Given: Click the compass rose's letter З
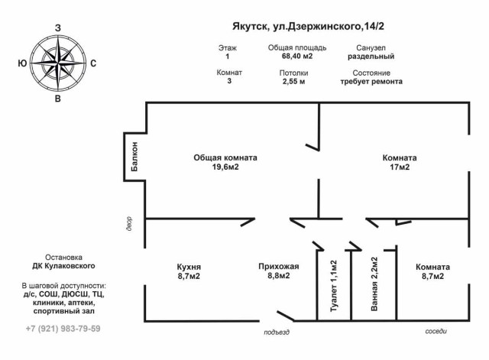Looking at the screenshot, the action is [x=58, y=28].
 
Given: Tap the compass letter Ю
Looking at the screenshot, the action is [x=22, y=63].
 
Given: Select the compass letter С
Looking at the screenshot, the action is [x=93, y=63].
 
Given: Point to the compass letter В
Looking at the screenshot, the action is [x=58, y=99].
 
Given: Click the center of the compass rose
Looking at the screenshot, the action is [x=58, y=63].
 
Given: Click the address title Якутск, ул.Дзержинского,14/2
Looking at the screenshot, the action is [x=308, y=27].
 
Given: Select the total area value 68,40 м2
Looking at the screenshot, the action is [x=297, y=57].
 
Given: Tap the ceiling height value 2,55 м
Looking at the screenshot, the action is [x=293, y=82].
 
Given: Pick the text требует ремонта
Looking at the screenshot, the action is [x=371, y=82].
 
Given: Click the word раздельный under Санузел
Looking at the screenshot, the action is [x=371, y=57].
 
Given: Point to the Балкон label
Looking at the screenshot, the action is [x=134, y=157].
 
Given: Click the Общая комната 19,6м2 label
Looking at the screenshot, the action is [x=225, y=162].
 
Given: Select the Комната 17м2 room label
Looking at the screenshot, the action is [x=400, y=162].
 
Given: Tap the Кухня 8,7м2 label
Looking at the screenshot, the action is [x=189, y=271].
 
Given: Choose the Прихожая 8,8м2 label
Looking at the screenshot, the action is [x=279, y=271].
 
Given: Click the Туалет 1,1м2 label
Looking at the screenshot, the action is [x=334, y=286].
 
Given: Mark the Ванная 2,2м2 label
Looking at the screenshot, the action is [x=374, y=284].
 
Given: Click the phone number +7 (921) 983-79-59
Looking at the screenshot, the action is [x=63, y=329].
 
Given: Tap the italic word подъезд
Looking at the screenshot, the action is [x=277, y=332].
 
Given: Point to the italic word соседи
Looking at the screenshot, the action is [x=436, y=331].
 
